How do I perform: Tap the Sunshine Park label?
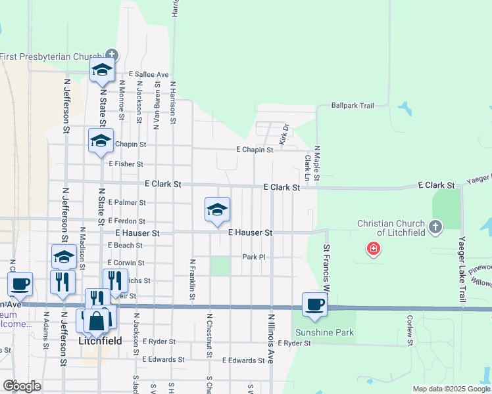[324, 332]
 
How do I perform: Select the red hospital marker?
[374, 248]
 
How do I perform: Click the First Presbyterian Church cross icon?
[111, 55]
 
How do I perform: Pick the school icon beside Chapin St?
[101, 141]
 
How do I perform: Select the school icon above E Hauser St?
[217, 210]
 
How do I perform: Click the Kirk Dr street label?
[285, 135]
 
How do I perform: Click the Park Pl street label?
[253, 257]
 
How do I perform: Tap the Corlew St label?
[409, 330]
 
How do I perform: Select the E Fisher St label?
[126, 164]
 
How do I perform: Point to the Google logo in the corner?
[22, 386]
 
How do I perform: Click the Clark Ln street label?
[307, 168]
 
